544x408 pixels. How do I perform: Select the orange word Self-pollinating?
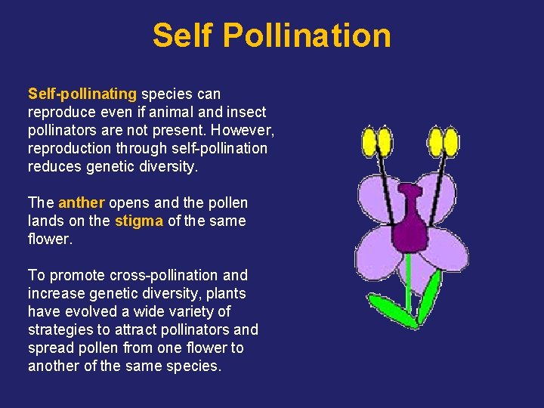click(x=82, y=94)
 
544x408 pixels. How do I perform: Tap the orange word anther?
click(x=82, y=203)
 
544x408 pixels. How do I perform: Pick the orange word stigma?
click(x=139, y=221)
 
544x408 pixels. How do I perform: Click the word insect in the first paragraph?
click(x=247, y=113)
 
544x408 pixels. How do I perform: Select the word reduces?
click(x=53, y=167)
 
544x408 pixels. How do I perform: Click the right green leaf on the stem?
click(x=430, y=295)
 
